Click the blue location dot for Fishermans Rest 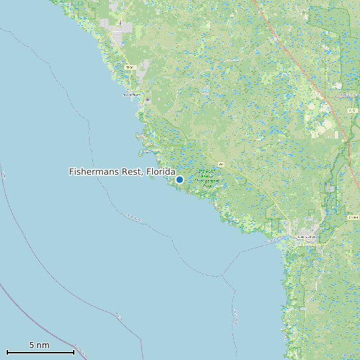click(x=179, y=179)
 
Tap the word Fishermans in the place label click(x=93, y=172)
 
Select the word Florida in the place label click(x=161, y=172)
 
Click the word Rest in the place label click(x=131, y=172)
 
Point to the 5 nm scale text click(x=39, y=345)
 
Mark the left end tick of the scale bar click(x=7, y=351)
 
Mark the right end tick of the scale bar click(x=74, y=351)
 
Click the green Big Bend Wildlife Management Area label click(x=207, y=178)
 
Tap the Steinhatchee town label click(x=306, y=236)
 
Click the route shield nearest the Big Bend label click(x=221, y=163)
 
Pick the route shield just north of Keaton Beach click(x=130, y=68)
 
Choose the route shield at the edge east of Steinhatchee click(x=353, y=217)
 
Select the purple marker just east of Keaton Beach click(x=147, y=100)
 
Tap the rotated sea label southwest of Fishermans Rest click(x=133, y=217)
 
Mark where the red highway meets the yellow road click(x=347, y=141)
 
